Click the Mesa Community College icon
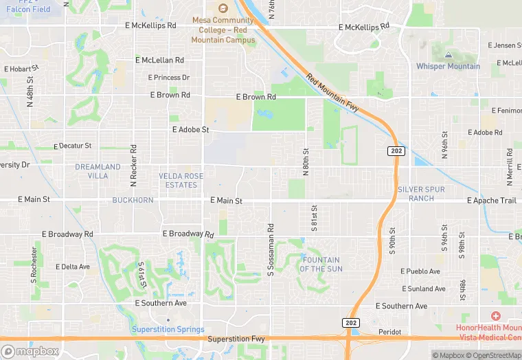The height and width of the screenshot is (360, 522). (223, 8)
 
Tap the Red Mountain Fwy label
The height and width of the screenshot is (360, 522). (332, 93)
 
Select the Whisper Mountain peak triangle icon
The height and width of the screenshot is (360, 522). (448, 54)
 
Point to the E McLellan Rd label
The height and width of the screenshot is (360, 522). (159, 60)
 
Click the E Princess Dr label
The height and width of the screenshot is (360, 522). (169, 78)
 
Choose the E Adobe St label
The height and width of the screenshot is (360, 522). (190, 129)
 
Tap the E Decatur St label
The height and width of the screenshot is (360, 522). (73, 146)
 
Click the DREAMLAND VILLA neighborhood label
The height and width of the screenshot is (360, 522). (98, 171)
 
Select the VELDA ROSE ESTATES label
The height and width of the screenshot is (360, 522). (181, 181)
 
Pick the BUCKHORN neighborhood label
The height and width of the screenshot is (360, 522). (133, 200)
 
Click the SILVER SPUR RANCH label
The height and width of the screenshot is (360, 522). (421, 194)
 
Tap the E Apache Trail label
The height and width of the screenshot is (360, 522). (491, 201)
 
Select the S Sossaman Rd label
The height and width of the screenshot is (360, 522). (271, 250)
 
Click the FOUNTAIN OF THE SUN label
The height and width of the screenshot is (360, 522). (321, 264)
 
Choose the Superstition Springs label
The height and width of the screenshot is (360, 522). (168, 329)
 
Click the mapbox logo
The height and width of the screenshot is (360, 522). (30, 351)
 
